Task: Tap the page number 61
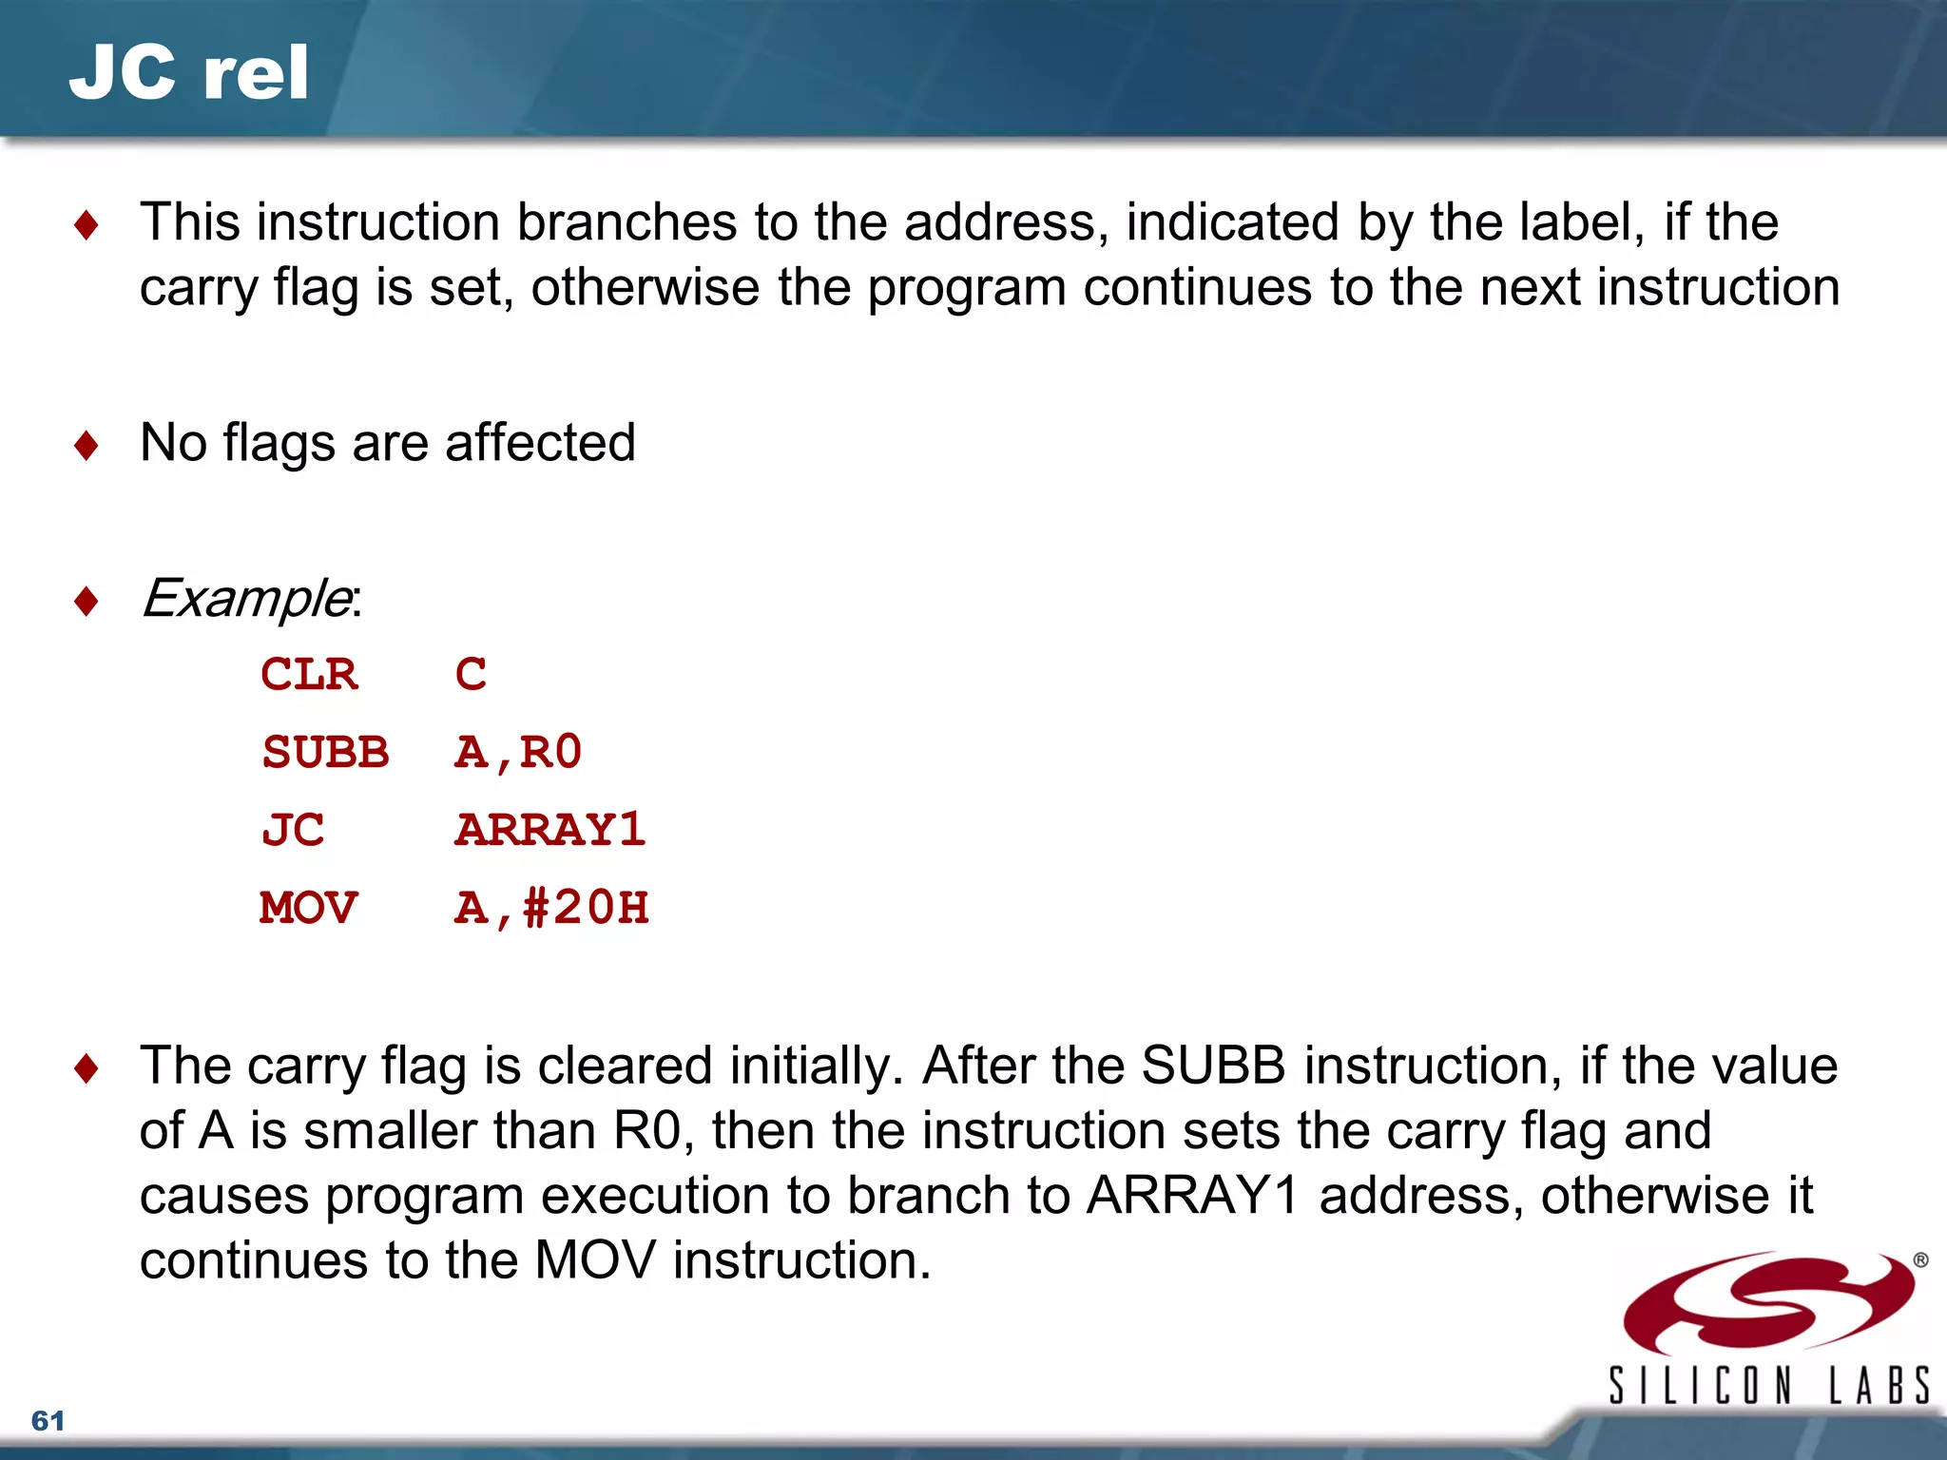[48, 1420]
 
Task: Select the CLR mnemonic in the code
[309, 675]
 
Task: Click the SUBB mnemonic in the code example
[325, 753]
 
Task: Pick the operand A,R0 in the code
[517, 753]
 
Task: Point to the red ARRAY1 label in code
[549, 830]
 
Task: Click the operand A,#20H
[551, 908]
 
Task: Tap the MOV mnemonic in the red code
[309, 908]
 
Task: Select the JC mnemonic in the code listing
[293, 830]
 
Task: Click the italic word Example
[245, 599]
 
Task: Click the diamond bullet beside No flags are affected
[87, 445]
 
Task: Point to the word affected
[540, 443]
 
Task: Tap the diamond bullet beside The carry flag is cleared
[87, 1068]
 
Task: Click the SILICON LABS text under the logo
[1768, 1386]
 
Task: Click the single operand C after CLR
[471, 675]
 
